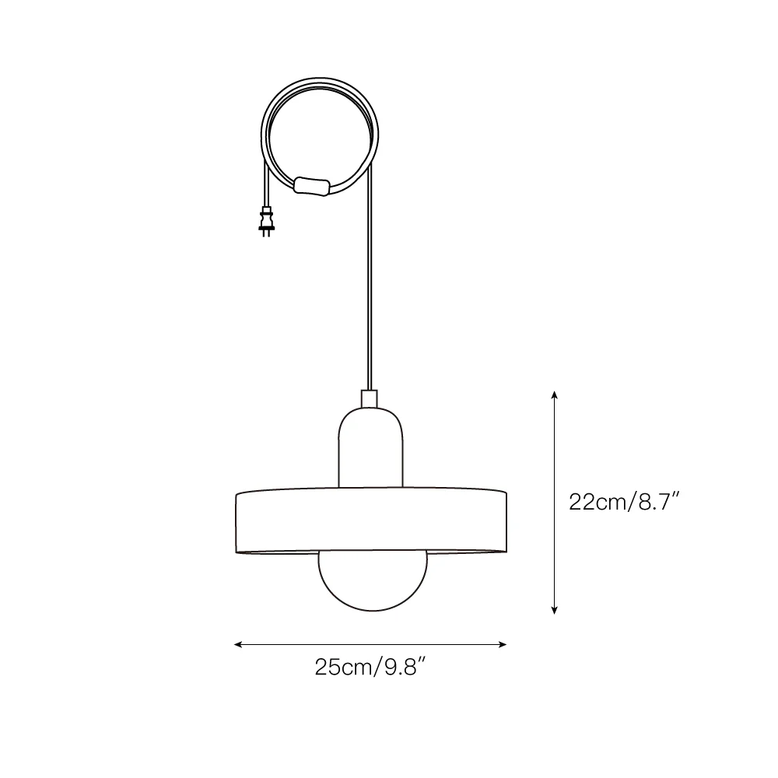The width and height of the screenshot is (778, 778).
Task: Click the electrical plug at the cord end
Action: coord(266,221)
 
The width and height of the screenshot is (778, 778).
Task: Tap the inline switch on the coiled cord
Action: coord(312,186)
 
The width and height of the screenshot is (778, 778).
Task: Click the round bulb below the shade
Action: coord(372,580)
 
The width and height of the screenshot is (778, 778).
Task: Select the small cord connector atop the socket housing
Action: coord(369,398)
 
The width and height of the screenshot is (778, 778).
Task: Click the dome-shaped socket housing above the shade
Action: coord(370,447)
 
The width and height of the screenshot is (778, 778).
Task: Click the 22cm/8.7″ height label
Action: coord(624,502)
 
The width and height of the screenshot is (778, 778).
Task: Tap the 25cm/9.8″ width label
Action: coord(370,668)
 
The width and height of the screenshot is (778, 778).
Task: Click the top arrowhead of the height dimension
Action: coord(554,394)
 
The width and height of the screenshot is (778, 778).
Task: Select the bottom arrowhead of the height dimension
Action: coord(554,610)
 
